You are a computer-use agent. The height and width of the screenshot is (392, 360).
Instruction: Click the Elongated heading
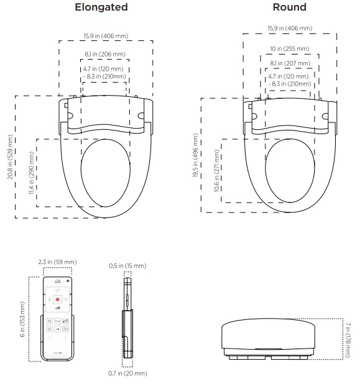[101, 7]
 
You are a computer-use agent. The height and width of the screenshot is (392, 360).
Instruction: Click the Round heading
[289, 7]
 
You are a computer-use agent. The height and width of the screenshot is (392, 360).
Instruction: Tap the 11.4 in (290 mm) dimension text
[31, 173]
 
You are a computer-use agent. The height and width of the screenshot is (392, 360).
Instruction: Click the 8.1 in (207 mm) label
[290, 63]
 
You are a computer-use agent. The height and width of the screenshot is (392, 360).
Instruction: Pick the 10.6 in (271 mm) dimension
[216, 170]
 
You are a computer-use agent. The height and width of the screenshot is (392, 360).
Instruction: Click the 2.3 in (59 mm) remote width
[57, 263]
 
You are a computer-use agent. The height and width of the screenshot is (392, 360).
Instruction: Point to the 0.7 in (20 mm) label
[127, 373]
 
